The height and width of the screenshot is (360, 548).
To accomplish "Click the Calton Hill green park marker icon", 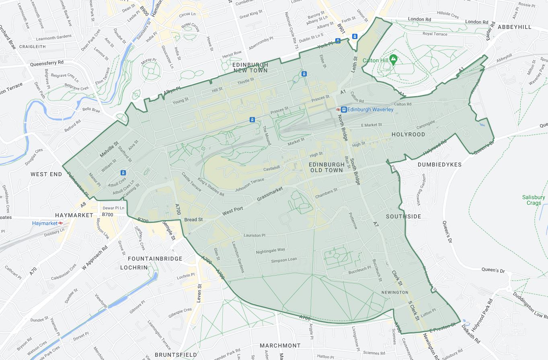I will click(393, 59).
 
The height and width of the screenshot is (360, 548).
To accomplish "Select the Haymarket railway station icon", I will click(61, 223).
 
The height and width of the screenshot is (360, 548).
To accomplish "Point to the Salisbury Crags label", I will click(534, 200).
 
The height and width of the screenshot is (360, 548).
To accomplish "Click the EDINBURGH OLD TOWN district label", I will click(326, 167).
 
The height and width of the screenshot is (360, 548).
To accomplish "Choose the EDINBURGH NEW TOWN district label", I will click(250, 68).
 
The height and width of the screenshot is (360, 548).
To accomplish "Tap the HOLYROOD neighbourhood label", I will click(408, 134).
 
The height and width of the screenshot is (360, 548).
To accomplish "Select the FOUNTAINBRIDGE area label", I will click(155, 259).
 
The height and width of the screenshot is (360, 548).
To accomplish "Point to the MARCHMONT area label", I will click(280, 346).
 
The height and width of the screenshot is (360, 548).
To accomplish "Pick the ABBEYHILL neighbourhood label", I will click(514, 27).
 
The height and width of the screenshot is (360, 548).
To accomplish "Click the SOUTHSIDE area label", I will click(403, 216).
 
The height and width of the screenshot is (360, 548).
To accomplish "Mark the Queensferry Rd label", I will click(47, 63).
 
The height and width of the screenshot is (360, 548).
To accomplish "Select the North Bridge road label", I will click(342, 128).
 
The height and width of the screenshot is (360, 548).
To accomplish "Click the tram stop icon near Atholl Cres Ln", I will click(123, 173).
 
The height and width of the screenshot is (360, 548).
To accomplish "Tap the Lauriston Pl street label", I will click(255, 235).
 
